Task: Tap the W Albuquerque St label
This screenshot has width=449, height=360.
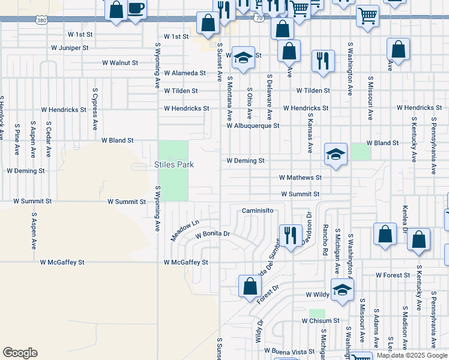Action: point(253,126)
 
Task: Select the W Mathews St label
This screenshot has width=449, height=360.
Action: point(301,178)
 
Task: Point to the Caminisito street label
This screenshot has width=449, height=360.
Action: point(258,211)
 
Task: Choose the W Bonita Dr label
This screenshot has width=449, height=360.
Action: point(213,233)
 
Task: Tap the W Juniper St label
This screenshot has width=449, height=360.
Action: point(70,47)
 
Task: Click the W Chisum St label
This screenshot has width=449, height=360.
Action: point(321,321)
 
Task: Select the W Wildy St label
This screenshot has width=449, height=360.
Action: point(319,295)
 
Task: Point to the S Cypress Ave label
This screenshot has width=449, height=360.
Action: point(95,109)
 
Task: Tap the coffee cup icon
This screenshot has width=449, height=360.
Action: point(136,10)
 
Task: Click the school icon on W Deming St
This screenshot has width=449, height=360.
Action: point(336,154)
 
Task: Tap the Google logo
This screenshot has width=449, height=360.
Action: point(20,353)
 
